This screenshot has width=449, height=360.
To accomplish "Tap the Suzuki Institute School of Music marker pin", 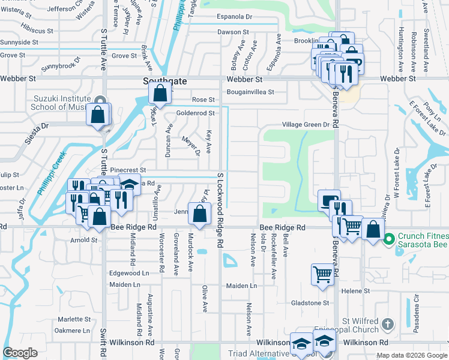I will point(100,101).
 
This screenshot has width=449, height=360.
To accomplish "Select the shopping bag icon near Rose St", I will point(160,94).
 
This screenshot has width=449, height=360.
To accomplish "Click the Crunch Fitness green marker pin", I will point(388,239).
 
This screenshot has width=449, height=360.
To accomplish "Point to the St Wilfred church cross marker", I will point(388,325).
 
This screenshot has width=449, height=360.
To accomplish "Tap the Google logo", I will point(20,353).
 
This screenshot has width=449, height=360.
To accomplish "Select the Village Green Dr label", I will point(307,125).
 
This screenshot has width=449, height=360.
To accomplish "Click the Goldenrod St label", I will point(195,113).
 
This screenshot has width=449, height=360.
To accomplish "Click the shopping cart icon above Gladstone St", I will point(322,274).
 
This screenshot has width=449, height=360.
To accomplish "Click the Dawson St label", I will point(233,32).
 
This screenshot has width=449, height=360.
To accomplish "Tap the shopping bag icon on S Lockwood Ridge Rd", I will point(199,212).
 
